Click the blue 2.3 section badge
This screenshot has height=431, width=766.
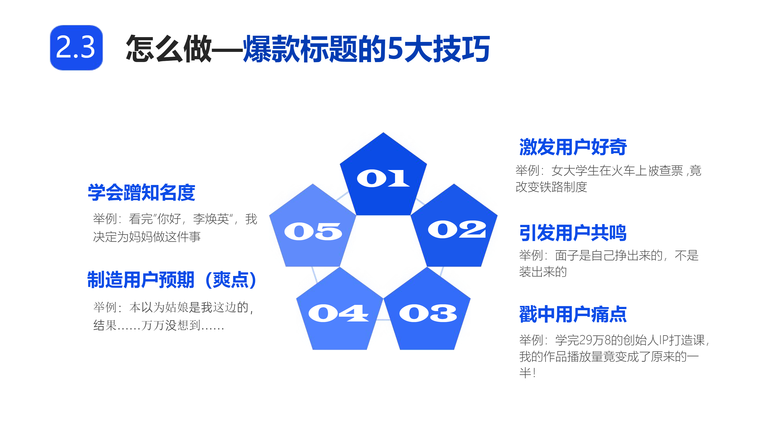(x=76, y=48)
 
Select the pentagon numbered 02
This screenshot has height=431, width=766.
(x=454, y=229)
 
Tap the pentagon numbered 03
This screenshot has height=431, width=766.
(x=427, y=312)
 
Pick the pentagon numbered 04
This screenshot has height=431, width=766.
(x=340, y=312)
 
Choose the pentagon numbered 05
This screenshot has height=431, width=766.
(x=313, y=229)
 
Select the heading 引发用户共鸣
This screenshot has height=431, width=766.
(x=573, y=233)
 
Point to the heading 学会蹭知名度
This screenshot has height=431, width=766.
(x=142, y=192)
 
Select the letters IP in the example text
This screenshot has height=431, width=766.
(x=664, y=340)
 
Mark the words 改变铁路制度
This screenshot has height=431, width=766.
(x=551, y=187)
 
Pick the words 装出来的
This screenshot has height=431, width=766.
(x=543, y=272)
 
